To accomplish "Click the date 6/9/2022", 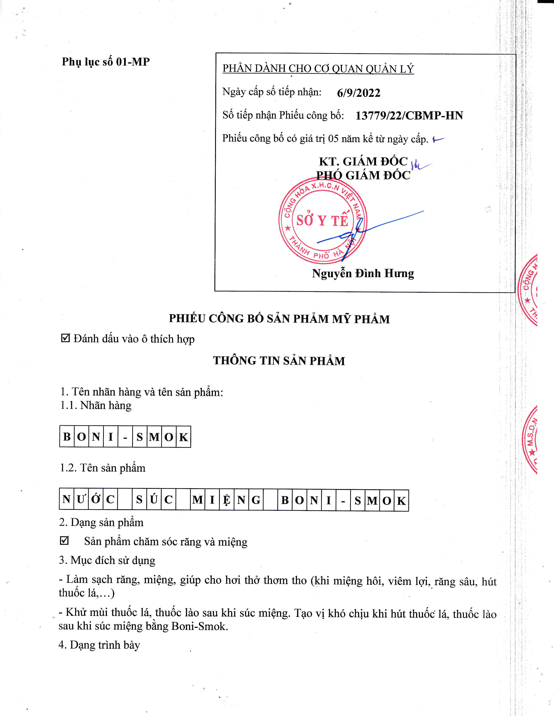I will click(x=358, y=93).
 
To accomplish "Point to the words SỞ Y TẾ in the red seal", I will click(x=322, y=220).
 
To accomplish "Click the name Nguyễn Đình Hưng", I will click(x=363, y=273).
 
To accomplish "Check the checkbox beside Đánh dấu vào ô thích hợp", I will click(x=66, y=338).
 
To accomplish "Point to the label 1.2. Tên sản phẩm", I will click(x=102, y=468).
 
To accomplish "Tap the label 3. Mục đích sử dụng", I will click(x=107, y=560).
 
